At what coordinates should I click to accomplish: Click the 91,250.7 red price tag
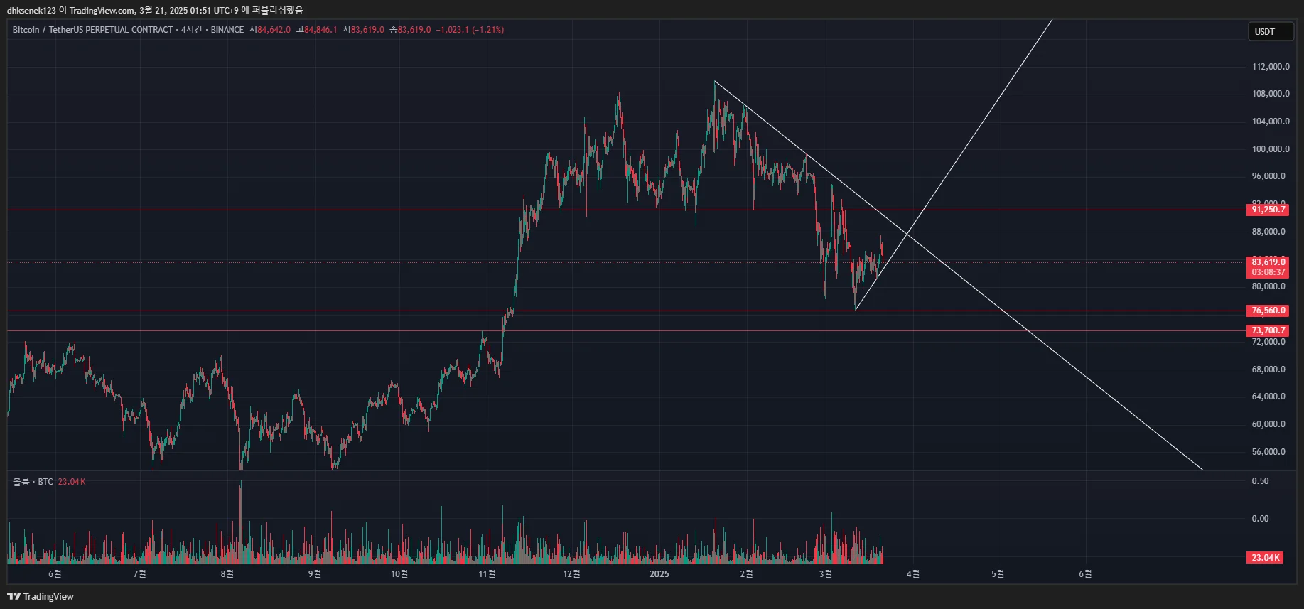1268,210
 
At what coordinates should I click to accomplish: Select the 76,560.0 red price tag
1268,311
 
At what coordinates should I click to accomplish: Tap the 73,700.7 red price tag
1268,330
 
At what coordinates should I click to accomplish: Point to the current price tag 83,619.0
1268,262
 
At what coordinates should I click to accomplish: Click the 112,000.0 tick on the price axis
1271,67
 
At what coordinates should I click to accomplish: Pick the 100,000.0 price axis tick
1271,149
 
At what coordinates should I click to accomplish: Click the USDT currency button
1270,32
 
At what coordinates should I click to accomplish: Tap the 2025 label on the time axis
659,574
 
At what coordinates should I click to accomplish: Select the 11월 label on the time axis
487,574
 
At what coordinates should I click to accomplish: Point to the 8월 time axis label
227,574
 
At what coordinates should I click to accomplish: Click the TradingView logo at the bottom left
41,596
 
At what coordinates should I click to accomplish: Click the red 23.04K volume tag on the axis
1265,558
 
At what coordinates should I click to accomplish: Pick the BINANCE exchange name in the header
227,30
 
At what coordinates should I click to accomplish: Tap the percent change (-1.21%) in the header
488,30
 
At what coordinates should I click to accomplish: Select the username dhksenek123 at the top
31,10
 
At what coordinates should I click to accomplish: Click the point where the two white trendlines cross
907,233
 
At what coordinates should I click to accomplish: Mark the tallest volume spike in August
241,483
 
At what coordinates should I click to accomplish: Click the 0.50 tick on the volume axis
1260,481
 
